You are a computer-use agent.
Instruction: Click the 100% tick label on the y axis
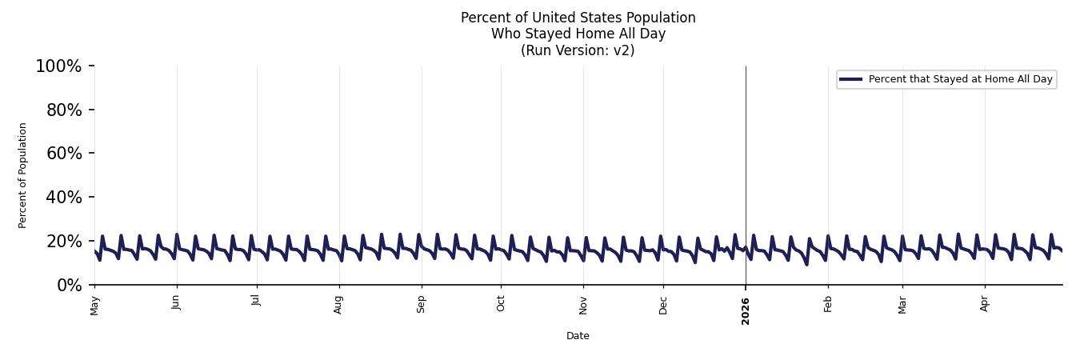point(59,66)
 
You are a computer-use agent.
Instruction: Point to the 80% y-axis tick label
point(64,110)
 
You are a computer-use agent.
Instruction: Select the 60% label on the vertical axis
point(64,154)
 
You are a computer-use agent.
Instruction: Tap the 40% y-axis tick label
point(64,197)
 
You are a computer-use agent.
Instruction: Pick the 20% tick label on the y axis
point(64,242)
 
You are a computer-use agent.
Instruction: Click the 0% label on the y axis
point(70,286)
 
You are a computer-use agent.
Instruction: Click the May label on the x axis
point(94,306)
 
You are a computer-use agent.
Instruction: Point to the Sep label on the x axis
point(421,305)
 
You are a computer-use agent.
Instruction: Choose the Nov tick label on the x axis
point(583,306)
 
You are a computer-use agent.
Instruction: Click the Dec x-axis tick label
point(663,306)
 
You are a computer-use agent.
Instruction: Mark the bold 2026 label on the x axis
point(746,311)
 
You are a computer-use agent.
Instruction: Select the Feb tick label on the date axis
point(828,305)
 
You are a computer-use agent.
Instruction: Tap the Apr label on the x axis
point(984,304)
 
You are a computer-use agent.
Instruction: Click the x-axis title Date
point(578,336)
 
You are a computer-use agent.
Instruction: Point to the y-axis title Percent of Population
point(22,175)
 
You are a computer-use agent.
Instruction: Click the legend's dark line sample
point(850,79)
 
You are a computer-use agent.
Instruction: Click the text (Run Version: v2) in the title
point(578,50)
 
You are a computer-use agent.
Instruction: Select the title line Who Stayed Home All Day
point(578,34)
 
